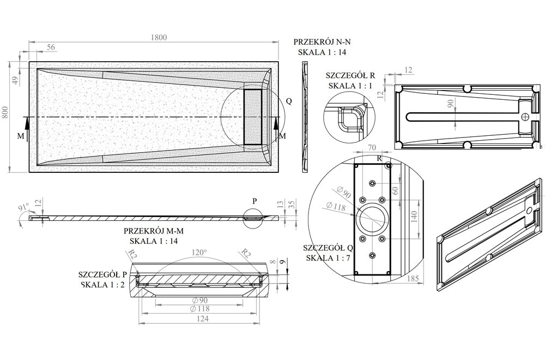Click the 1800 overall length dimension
tap(159, 37)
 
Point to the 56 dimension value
tap(51, 47)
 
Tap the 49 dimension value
tap(16, 80)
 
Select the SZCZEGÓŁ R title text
tap(350, 75)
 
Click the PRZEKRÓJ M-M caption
tap(153, 231)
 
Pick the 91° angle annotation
tap(23, 208)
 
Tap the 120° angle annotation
tap(198, 253)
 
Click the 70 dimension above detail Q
tap(372, 147)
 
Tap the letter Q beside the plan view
tap(289, 101)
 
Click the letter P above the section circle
tap(253, 200)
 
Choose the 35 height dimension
tap(293, 205)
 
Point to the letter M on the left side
tap(21, 136)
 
